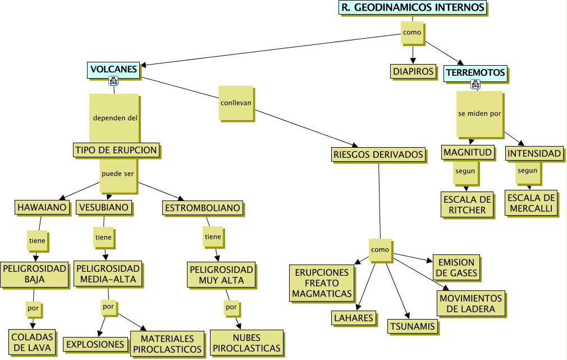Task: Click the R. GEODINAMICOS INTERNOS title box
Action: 413,7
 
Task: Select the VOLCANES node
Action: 113,70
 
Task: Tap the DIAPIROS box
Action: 413,71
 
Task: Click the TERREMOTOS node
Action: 475,72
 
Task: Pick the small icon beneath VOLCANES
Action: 113,81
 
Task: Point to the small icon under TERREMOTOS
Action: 475,85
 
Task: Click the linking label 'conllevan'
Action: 236,103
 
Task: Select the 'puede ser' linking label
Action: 118,174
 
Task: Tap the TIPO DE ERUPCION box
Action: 116,151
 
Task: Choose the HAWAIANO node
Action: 42,208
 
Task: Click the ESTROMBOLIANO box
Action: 203,208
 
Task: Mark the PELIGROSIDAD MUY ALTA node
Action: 221,275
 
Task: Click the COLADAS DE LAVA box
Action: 33,342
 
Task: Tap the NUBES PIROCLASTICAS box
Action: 246,343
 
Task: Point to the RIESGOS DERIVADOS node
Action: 378,154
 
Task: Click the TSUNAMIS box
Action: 412,326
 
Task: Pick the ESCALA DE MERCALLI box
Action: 531,203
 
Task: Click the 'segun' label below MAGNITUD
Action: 465,171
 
